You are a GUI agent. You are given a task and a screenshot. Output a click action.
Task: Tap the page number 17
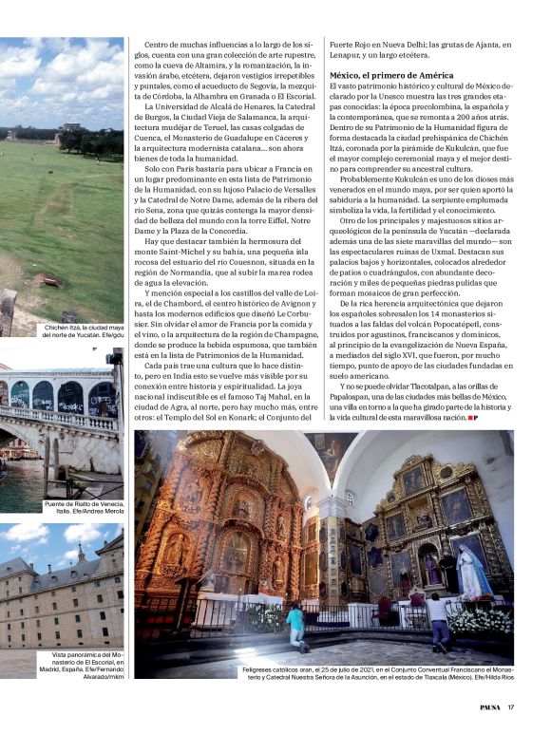pos(511,706)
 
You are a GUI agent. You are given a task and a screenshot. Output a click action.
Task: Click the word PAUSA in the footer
pos(486,706)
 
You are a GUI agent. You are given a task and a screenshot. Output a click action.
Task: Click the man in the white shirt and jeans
pos(439,619)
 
